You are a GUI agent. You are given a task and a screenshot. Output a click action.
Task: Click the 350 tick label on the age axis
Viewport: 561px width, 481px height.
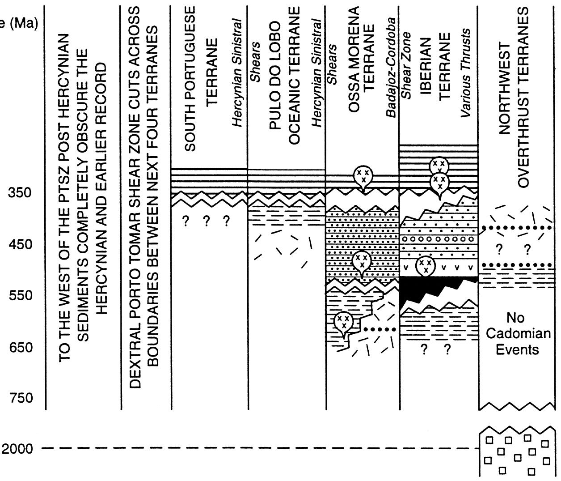point(19,193)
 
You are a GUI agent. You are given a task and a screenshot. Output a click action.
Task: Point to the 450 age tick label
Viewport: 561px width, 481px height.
point(19,245)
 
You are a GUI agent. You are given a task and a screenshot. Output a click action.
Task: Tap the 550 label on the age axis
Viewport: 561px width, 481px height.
point(19,296)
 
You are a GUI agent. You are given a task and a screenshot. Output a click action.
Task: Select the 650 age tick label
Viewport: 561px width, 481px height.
point(19,348)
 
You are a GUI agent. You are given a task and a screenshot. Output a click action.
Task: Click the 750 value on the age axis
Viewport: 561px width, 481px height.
point(19,398)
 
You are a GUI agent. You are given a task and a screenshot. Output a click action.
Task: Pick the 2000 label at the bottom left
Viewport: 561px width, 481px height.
point(17,449)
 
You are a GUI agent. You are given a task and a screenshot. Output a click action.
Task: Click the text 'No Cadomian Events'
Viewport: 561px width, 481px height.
point(518,333)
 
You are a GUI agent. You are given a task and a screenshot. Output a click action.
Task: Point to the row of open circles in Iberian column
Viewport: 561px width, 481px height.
point(438,239)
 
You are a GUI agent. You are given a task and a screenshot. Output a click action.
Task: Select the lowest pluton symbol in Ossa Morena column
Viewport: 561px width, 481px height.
point(343,322)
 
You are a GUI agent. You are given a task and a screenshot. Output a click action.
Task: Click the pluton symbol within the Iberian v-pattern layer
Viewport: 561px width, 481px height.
point(426,266)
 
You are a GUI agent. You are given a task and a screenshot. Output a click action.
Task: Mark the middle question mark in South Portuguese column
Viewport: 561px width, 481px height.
point(207,221)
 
